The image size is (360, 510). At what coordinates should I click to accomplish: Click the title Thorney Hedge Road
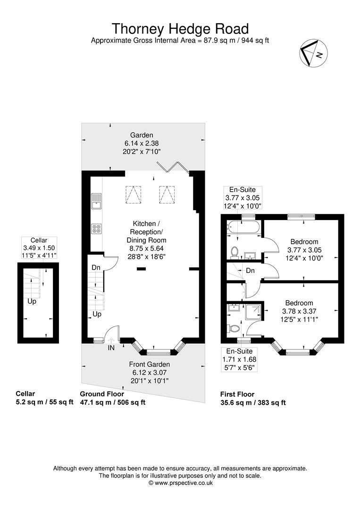(180, 29)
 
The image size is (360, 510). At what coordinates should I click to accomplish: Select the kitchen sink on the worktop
(96, 201)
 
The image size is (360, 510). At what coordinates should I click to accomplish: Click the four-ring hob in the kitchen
(96, 229)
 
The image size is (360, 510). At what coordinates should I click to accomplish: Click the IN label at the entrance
(111, 347)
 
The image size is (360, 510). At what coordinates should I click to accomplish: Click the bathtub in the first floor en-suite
(242, 228)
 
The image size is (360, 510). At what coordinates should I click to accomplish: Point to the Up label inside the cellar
(32, 301)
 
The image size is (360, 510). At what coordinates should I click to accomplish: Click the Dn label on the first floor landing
(251, 271)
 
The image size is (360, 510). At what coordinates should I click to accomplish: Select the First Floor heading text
(237, 394)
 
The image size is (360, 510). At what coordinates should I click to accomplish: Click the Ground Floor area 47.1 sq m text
(112, 402)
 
